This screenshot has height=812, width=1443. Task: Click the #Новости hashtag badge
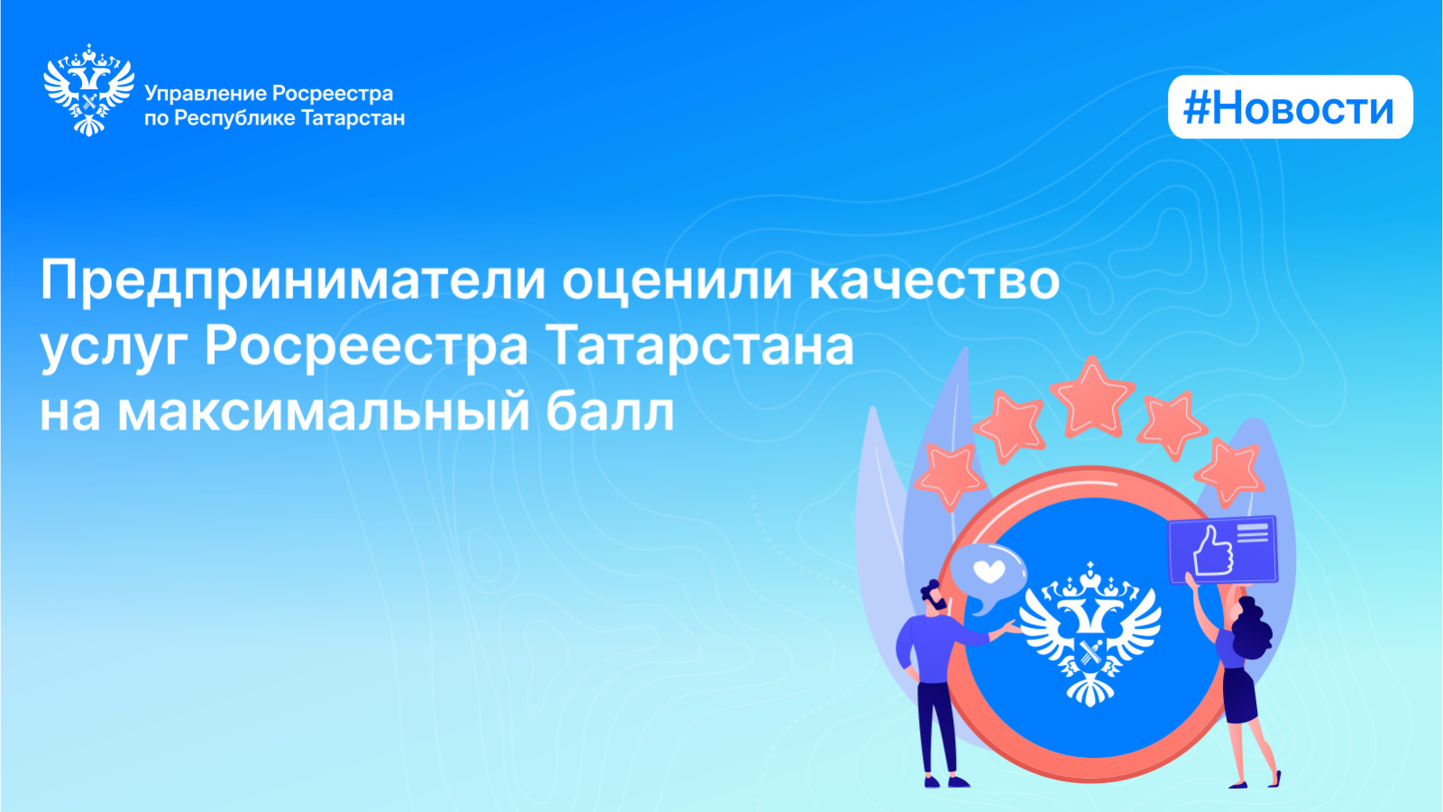point(1291,107)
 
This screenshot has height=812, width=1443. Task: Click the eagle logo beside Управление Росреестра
point(89,89)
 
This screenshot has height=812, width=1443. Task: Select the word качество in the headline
point(934,281)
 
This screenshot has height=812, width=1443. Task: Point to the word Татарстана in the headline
point(703,346)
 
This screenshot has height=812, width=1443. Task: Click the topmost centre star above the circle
point(1091,396)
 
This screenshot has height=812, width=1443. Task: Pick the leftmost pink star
point(951,477)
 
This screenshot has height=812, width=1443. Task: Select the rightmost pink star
point(1230,472)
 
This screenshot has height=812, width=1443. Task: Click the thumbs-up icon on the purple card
point(1212,552)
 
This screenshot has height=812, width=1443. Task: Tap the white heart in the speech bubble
point(988,569)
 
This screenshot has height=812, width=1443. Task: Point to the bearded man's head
point(934,596)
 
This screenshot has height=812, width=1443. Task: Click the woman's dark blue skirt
point(1239,696)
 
